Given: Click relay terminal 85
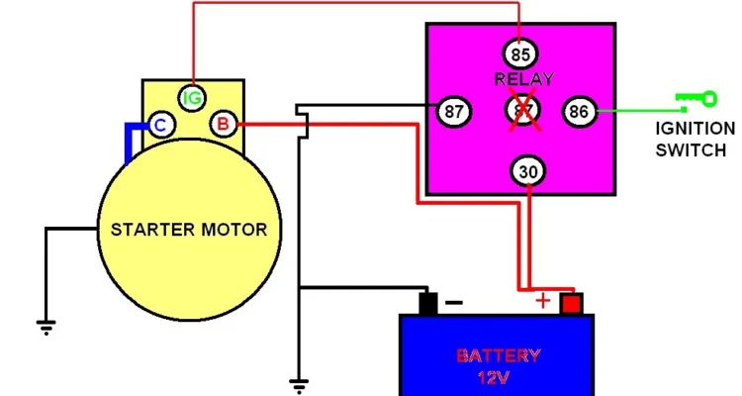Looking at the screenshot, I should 521,53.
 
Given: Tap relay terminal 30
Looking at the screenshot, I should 529,172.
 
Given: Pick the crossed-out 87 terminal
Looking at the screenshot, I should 521,111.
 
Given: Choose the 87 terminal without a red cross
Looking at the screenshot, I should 454,111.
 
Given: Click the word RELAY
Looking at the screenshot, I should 522,79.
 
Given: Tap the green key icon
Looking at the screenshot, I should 695,98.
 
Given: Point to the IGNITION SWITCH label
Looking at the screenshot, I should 696,140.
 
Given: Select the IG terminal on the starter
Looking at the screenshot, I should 192,97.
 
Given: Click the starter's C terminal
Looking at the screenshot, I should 159,125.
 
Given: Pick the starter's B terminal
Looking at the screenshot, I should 223,125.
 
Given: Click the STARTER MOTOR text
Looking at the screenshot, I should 189,230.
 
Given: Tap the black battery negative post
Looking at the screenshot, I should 427,303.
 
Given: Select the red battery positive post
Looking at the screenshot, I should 571,303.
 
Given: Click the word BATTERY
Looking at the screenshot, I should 498,355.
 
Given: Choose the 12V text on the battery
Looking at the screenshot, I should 498,377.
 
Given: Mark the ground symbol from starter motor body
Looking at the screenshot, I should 45,324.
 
